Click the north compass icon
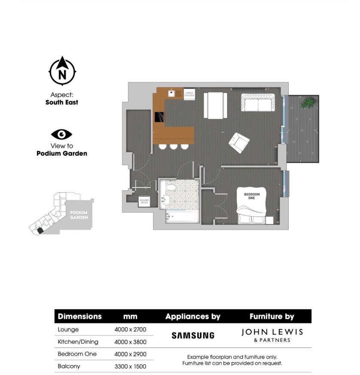tap(62, 71)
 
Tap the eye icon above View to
tap(62, 134)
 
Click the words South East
tap(62, 103)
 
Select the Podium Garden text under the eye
tap(62, 154)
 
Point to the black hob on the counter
tap(159, 117)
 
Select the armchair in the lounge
tap(238, 142)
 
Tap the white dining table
tap(215, 105)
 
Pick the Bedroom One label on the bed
tap(252, 196)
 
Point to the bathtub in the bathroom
tap(183, 217)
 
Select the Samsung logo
tap(193, 335)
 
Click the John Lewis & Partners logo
tap(272, 335)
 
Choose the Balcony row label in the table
tap(69, 366)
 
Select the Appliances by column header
tap(193, 317)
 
